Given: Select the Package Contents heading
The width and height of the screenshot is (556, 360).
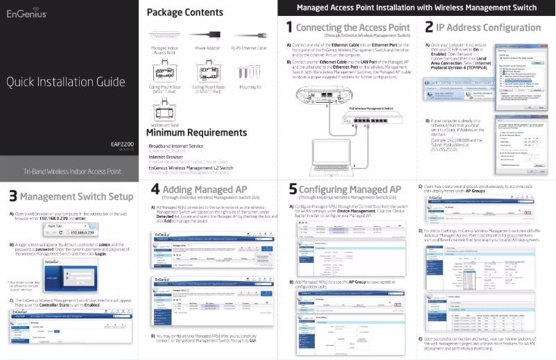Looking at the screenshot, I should tap(185, 12).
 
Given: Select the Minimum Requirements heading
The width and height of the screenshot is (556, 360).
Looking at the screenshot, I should tap(196, 132).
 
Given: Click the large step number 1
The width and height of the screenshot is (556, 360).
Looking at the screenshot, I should tap(289, 28).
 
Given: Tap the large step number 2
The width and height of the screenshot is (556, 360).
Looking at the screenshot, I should tap(429, 28).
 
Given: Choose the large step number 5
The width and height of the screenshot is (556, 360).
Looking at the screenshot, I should tap(293, 189).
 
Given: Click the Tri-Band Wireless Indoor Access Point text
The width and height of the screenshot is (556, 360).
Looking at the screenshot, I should tap(72, 171).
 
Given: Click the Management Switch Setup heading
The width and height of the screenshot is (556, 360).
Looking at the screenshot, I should tap(76, 196).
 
